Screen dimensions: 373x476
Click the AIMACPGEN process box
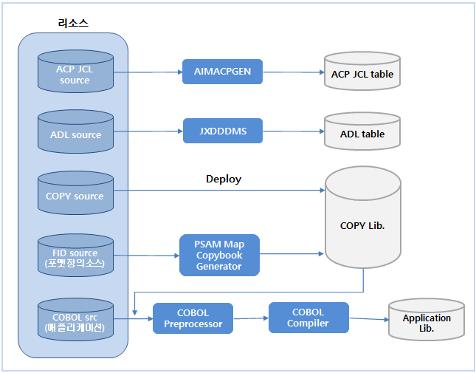[x=222, y=72]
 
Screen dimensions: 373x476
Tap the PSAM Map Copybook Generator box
[x=219, y=255]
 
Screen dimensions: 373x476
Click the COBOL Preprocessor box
[x=193, y=318]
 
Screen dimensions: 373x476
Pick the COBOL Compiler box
[x=308, y=317]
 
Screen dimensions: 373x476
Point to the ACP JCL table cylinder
[x=362, y=72]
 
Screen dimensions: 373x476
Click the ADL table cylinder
[x=362, y=133]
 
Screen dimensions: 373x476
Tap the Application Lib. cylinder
[x=427, y=321]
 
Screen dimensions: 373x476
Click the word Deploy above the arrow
[x=224, y=179]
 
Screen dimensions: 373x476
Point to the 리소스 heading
[x=73, y=23]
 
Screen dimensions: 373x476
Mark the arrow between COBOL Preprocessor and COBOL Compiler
[x=250, y=318]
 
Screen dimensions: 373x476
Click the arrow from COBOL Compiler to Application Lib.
[x=368, y=319]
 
